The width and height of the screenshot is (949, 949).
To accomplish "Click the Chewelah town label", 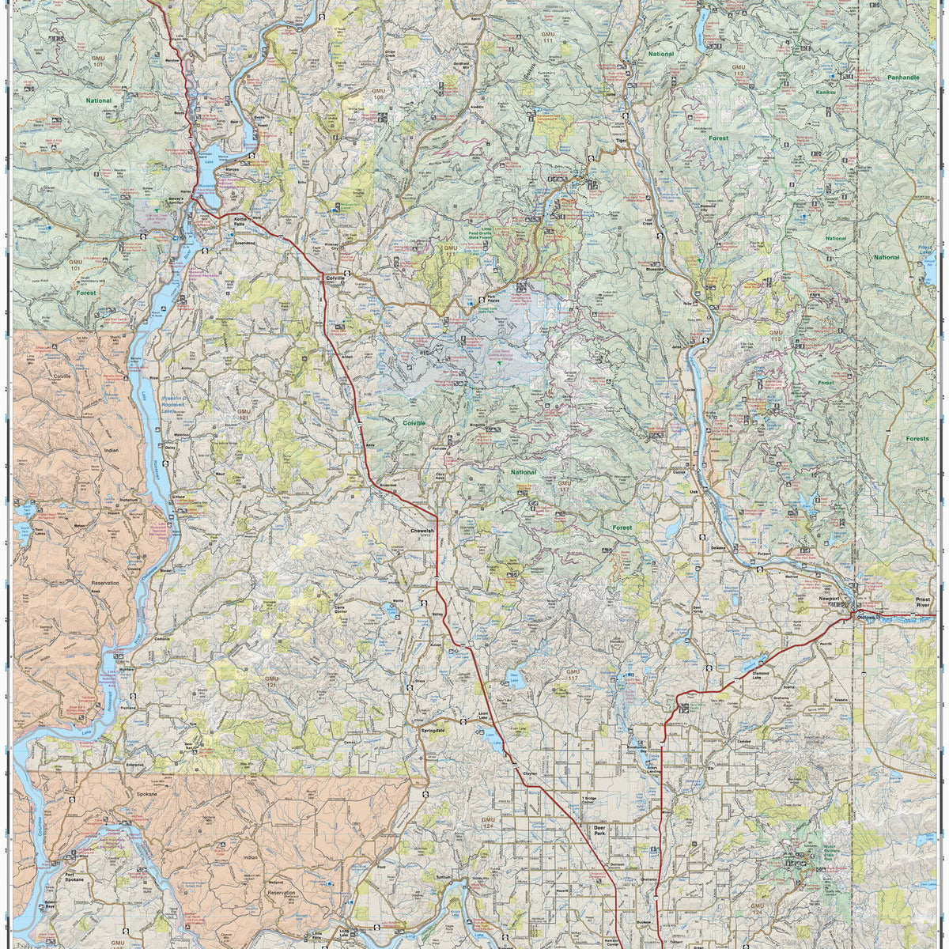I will point(422,531).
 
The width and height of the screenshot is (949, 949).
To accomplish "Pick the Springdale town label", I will point(434,730).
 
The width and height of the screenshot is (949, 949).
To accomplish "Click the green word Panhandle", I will point(902,78).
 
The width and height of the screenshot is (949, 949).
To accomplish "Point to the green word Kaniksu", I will point(826,93).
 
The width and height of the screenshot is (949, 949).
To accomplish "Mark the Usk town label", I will point(694,491).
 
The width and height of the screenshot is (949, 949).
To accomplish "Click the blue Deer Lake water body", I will point(513,679).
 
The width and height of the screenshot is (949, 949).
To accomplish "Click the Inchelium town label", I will point(130,500).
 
